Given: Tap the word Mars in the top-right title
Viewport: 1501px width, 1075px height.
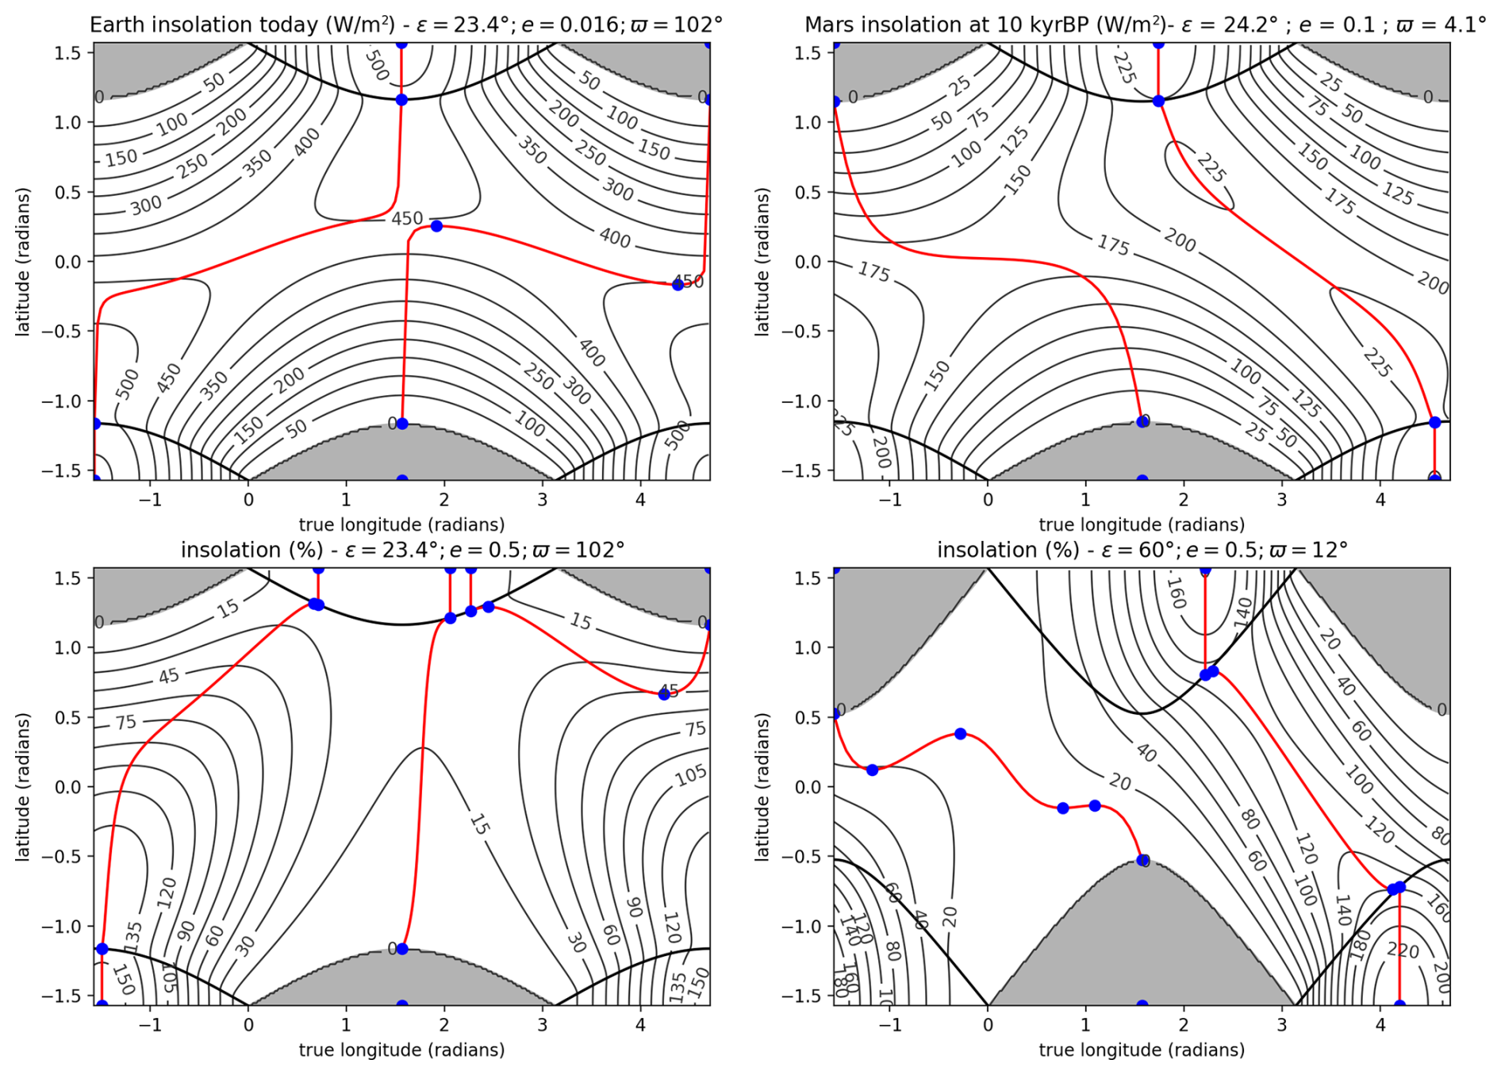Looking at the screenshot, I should [x=828, y=25].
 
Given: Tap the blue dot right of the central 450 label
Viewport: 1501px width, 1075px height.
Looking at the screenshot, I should [x=436, y=226].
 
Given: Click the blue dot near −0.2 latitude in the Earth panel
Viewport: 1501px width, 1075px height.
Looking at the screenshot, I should [x=678, y=285].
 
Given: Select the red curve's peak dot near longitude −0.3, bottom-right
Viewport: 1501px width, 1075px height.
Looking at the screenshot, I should [x=960, y=734].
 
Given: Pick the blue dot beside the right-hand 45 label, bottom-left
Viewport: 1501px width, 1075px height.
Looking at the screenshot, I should [x=664, y=694].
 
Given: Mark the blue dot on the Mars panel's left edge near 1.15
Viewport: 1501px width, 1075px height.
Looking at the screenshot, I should [x=835, y=102].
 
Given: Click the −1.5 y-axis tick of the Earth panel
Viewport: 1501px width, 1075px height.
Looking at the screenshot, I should [x=66, y=470].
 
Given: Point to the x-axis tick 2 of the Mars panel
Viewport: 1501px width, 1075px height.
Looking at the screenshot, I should [x=1184, y=500].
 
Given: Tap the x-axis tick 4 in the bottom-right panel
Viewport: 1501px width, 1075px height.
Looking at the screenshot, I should [x=1380, y=1025].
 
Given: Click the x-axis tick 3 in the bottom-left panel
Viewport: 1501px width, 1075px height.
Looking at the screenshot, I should [x=543, y=1025].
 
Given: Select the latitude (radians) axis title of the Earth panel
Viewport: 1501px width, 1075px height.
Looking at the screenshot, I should [x=22, y=262].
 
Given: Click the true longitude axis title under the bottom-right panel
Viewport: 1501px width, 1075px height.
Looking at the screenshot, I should [x=1142, y=1050].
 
